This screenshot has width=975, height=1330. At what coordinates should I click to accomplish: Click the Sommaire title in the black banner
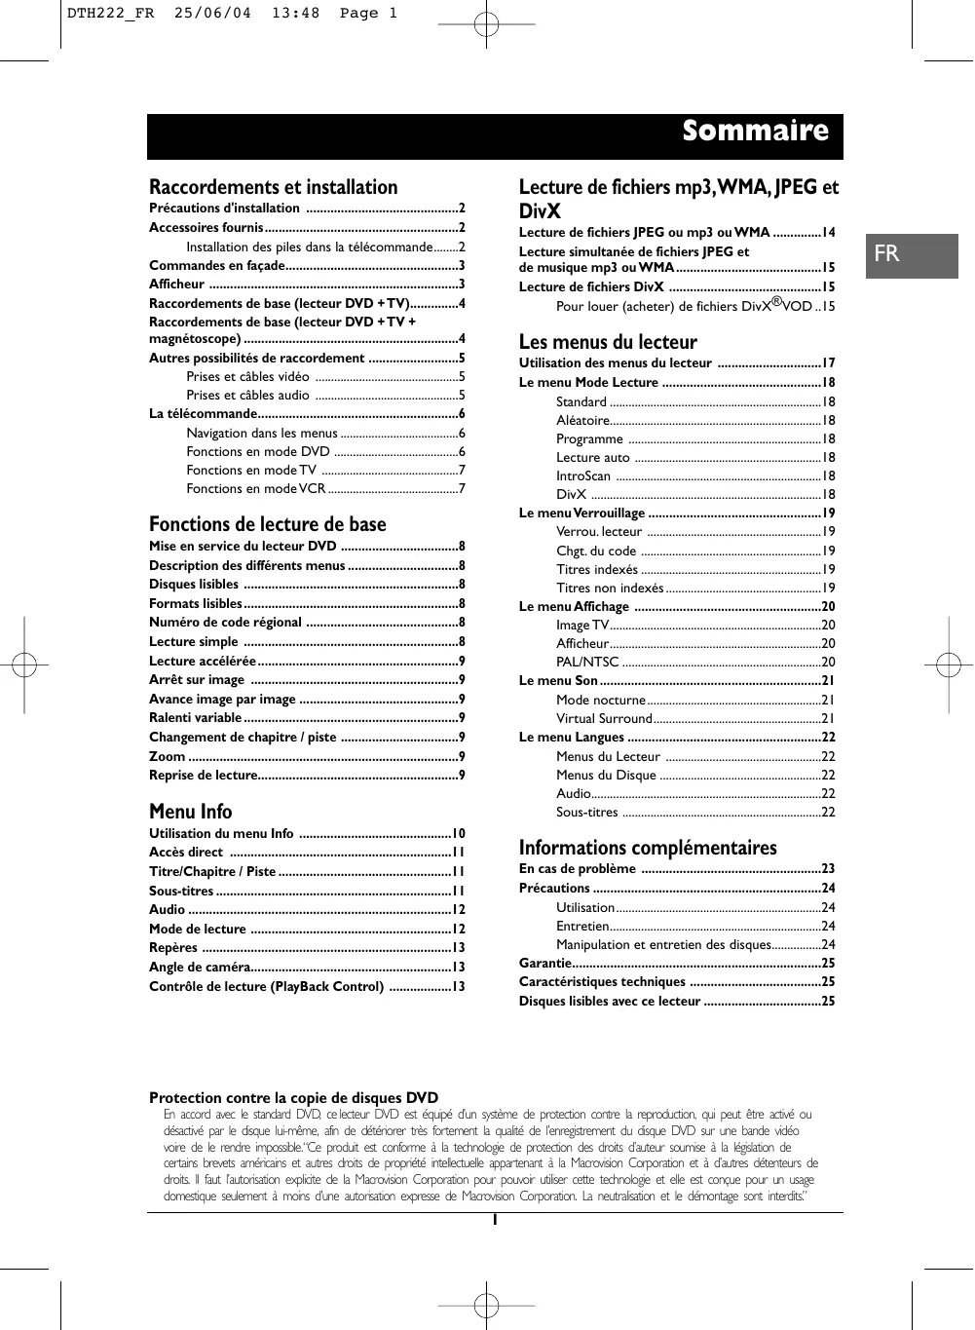point(755,132)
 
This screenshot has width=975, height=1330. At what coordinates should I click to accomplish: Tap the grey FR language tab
point(886,254)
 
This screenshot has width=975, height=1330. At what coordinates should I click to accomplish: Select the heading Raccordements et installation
point(274,187)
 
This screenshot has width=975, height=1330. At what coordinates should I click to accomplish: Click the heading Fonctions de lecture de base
point(268,524)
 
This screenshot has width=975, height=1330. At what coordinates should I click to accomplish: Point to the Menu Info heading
point(191,812)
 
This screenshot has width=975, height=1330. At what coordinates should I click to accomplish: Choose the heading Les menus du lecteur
point(608,342)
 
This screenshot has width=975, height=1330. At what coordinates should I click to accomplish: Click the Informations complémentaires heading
point(648,848)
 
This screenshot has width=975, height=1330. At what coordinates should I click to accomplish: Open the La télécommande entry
point(203,413)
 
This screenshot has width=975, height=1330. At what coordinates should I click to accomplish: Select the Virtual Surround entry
point(604,718)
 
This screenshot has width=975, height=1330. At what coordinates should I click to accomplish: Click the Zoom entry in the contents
point(168,756)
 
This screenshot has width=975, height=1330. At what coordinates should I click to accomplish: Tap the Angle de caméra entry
point(199,967)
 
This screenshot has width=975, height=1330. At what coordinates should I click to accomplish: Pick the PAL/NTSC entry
point(587,662)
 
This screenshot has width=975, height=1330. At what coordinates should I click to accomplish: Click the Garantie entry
point(545,963)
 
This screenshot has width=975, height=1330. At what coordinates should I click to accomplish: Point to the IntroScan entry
point(583,475)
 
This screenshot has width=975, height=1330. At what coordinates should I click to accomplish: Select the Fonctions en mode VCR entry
point(256,488)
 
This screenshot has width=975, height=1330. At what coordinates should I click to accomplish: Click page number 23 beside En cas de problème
point(828,868)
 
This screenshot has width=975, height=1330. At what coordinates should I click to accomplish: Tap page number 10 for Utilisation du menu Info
point(458,833)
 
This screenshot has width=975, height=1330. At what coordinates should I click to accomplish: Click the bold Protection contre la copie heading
point(293,1098)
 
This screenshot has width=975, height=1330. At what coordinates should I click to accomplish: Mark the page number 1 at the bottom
point(495,1220)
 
